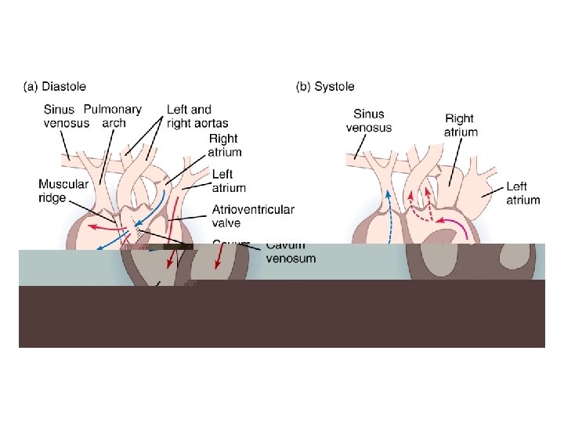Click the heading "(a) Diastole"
click(x=54, y=86)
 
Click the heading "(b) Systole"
click(x=324, y=86)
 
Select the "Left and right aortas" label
click(x=189, y=116)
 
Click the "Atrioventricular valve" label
click(x=253, y=216)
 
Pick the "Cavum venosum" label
click(x=291, y=252)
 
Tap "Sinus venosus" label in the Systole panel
click(x=368, y=121)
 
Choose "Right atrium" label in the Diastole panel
click(x=225, y=145)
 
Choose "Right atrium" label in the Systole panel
click(x=460, y=125)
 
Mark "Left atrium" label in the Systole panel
click(x=522, y=193)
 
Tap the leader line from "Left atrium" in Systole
click(x=492, y=188)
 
